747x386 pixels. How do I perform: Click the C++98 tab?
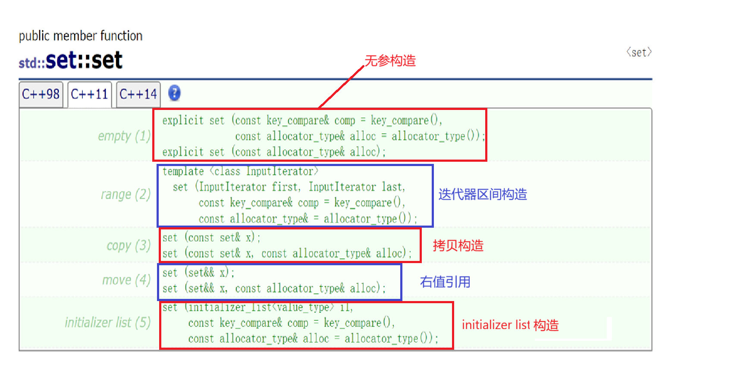pyautogui.click(x=41, y=94)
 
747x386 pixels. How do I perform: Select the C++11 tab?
pyautogui.click(x=89, y=94)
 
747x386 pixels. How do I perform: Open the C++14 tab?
pyautogui.click(x=138, y=94)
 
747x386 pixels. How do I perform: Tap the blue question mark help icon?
pyautogui.click(x=174, y=93)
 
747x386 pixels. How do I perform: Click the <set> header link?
pyautogui.click(x=639, y=53)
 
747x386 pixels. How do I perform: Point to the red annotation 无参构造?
pyautogui.click(x=390, y=61)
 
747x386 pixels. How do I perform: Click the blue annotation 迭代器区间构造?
pyautogui.click(x=483, y=195)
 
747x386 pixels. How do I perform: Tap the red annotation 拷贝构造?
pyautogui.click(x=458, y=246)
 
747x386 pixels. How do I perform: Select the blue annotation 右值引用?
pyautogui.click(x=445, y=282)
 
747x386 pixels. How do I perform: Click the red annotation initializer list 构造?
pyautogui.click(x=510, y=325)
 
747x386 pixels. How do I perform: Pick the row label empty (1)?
pyautogui.click(x=124, y=136)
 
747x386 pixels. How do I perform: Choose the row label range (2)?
pyautogui.click(x=126, y=195)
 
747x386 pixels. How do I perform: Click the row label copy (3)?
pyautogui.click(x=129, y=245)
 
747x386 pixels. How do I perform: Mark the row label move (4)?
pyautogui.click(x=126, y=280)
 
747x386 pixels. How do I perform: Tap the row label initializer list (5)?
pyautogui.click(x=107, y=323)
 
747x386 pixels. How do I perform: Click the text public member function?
pyautogui.click(x=81, y=36)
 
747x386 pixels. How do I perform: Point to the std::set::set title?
pyautogui.click(x=71, y=60)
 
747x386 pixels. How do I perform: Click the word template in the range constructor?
pyautogui.click(x=183, y=172)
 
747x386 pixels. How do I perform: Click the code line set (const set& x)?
pyautogui.click(x=211, y=238)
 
